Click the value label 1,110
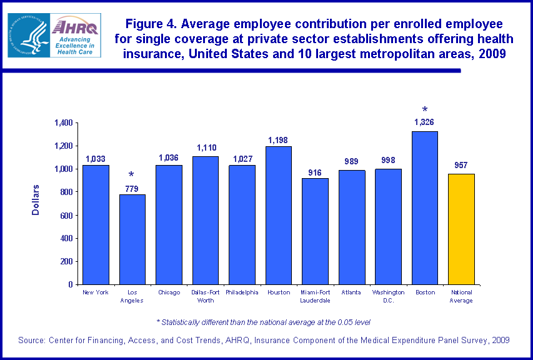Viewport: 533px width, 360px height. [206, 147]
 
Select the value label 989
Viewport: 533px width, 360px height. [352, 161]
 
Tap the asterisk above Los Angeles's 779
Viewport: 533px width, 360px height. [132, 175]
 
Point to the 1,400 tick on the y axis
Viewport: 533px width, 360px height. [63, 122]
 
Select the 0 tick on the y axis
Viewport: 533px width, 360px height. [71, 284]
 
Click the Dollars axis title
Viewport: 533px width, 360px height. [36, 200]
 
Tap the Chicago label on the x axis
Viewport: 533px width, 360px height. [169, 292]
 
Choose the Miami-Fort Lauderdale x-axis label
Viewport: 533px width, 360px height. [315, 296]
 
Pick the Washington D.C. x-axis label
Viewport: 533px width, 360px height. [388, 296]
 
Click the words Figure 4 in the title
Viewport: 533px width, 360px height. [149, 24]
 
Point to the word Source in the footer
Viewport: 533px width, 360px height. [31, 340]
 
